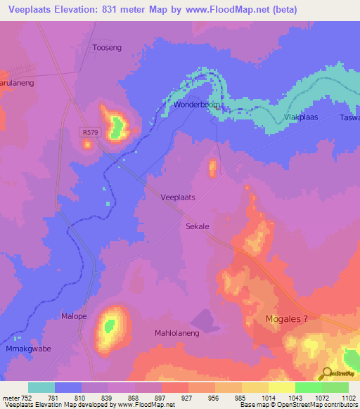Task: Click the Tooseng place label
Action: (108, 48)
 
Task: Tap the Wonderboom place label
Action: (197, 105)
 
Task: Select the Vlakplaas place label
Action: (300, 117)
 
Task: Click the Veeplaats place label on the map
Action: (178, 197)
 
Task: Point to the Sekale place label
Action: (198, 227)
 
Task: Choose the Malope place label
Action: (74, 316)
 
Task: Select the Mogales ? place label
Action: (286, 319)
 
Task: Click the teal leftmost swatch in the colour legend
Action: (41, 387)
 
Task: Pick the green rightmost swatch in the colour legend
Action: (335, 387)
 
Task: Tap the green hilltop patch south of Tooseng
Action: (117, 126)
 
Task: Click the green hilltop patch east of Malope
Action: (110, 325)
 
